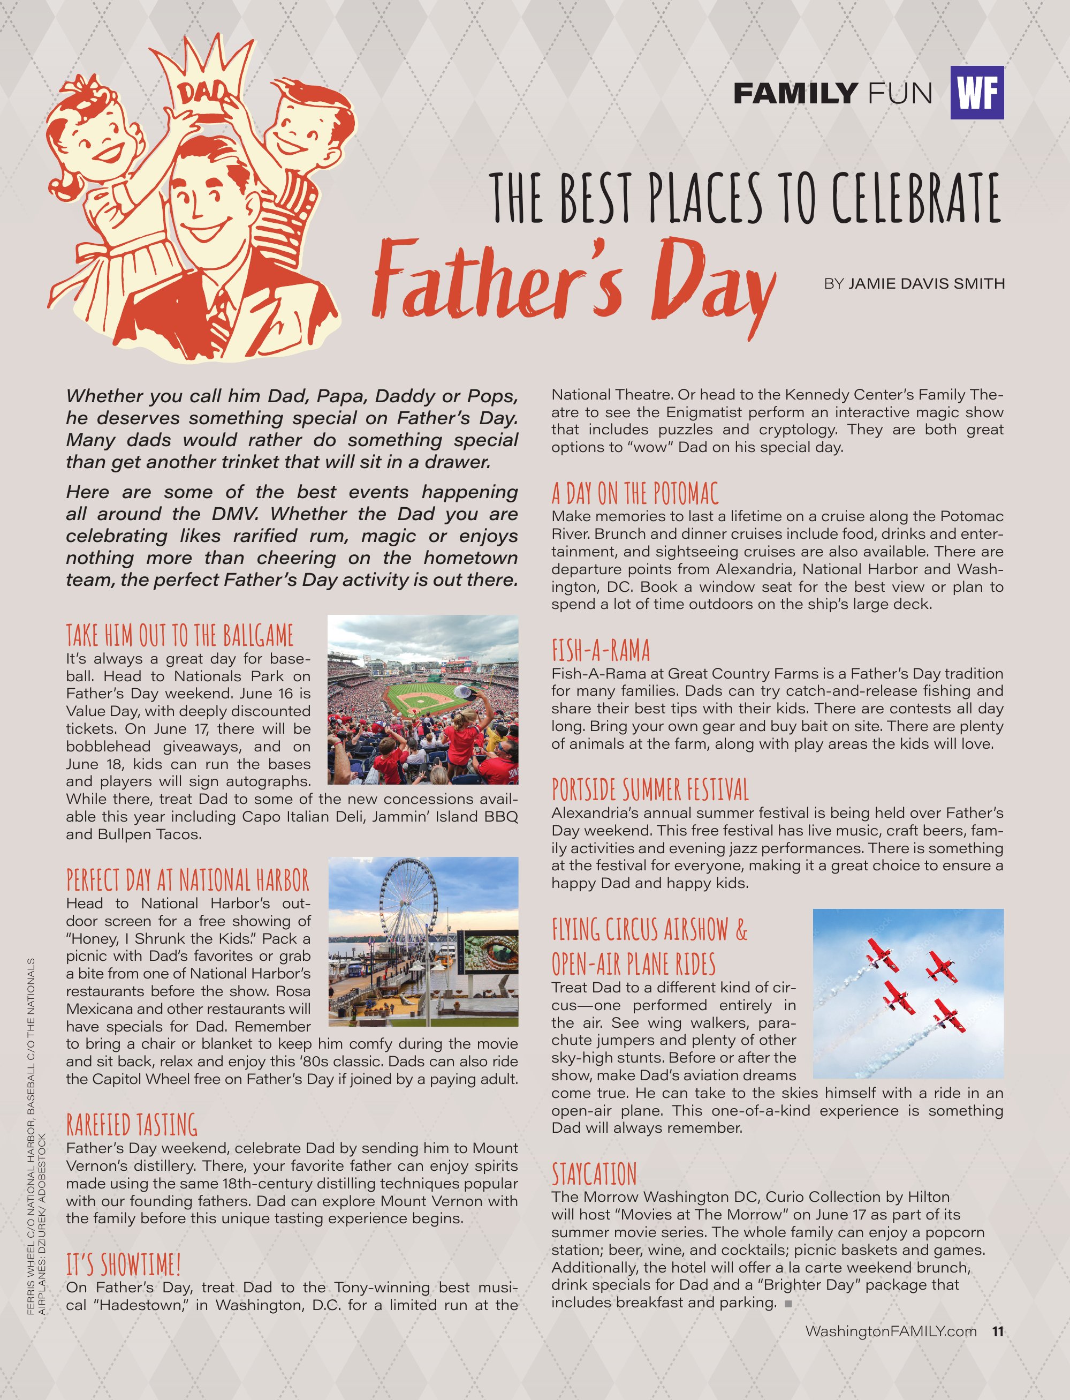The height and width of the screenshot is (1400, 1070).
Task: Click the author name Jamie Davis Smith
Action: click(926, 283)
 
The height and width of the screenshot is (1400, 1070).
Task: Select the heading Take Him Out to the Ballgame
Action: click(180, 635)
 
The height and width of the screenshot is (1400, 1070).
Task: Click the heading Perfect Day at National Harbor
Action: click(187, 880)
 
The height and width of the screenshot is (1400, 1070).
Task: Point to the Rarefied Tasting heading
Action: click(132, 1125)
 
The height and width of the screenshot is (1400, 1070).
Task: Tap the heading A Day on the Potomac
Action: click(634, 493)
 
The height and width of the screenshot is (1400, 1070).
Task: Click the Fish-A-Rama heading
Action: click(601, 651)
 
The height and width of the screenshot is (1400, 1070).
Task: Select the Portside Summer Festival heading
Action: click(650, 789)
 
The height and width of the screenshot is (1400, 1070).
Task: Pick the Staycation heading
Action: click(594, 1174)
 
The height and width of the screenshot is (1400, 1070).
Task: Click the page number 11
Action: click(997, 1331)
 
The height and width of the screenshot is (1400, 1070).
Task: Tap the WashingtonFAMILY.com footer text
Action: click(890, 1331)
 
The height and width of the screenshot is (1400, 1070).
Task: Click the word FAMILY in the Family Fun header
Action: click(795, 94)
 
